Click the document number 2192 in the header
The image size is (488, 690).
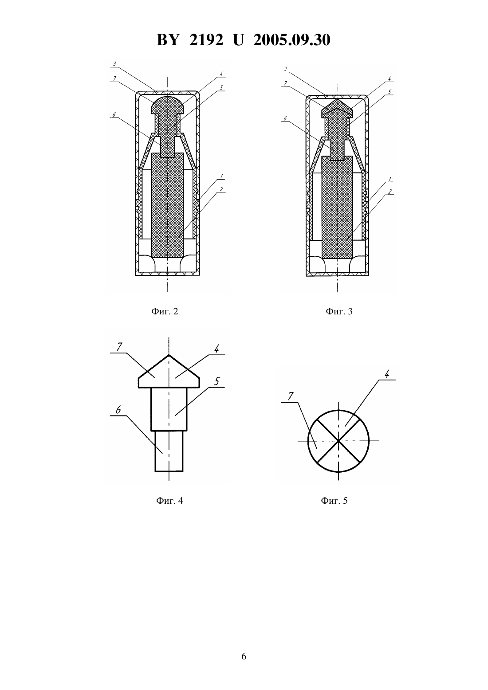point(206,40)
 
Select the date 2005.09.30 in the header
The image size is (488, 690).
point(292,40)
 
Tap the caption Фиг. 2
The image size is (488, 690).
point(165,311)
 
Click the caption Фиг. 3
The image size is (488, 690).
point(339,311)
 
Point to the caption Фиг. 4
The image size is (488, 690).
point(169,501)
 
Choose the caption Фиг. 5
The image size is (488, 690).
point(334,501)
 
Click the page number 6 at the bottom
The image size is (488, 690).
point(244,656)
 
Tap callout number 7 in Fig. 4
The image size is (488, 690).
point(119,347)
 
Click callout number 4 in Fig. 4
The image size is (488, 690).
point(216,349)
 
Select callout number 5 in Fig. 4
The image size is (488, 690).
point(217,381)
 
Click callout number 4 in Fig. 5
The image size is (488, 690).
point(387,374)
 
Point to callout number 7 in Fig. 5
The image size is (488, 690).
point(290,396)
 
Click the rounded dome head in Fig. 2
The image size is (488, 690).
point(168,104)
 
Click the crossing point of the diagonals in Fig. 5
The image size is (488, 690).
point(338,441)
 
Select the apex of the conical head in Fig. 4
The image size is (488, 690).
point(169,355)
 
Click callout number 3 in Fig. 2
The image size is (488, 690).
point(114,64)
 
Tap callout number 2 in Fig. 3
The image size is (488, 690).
point(390,192)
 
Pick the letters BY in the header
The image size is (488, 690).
point(168,40)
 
